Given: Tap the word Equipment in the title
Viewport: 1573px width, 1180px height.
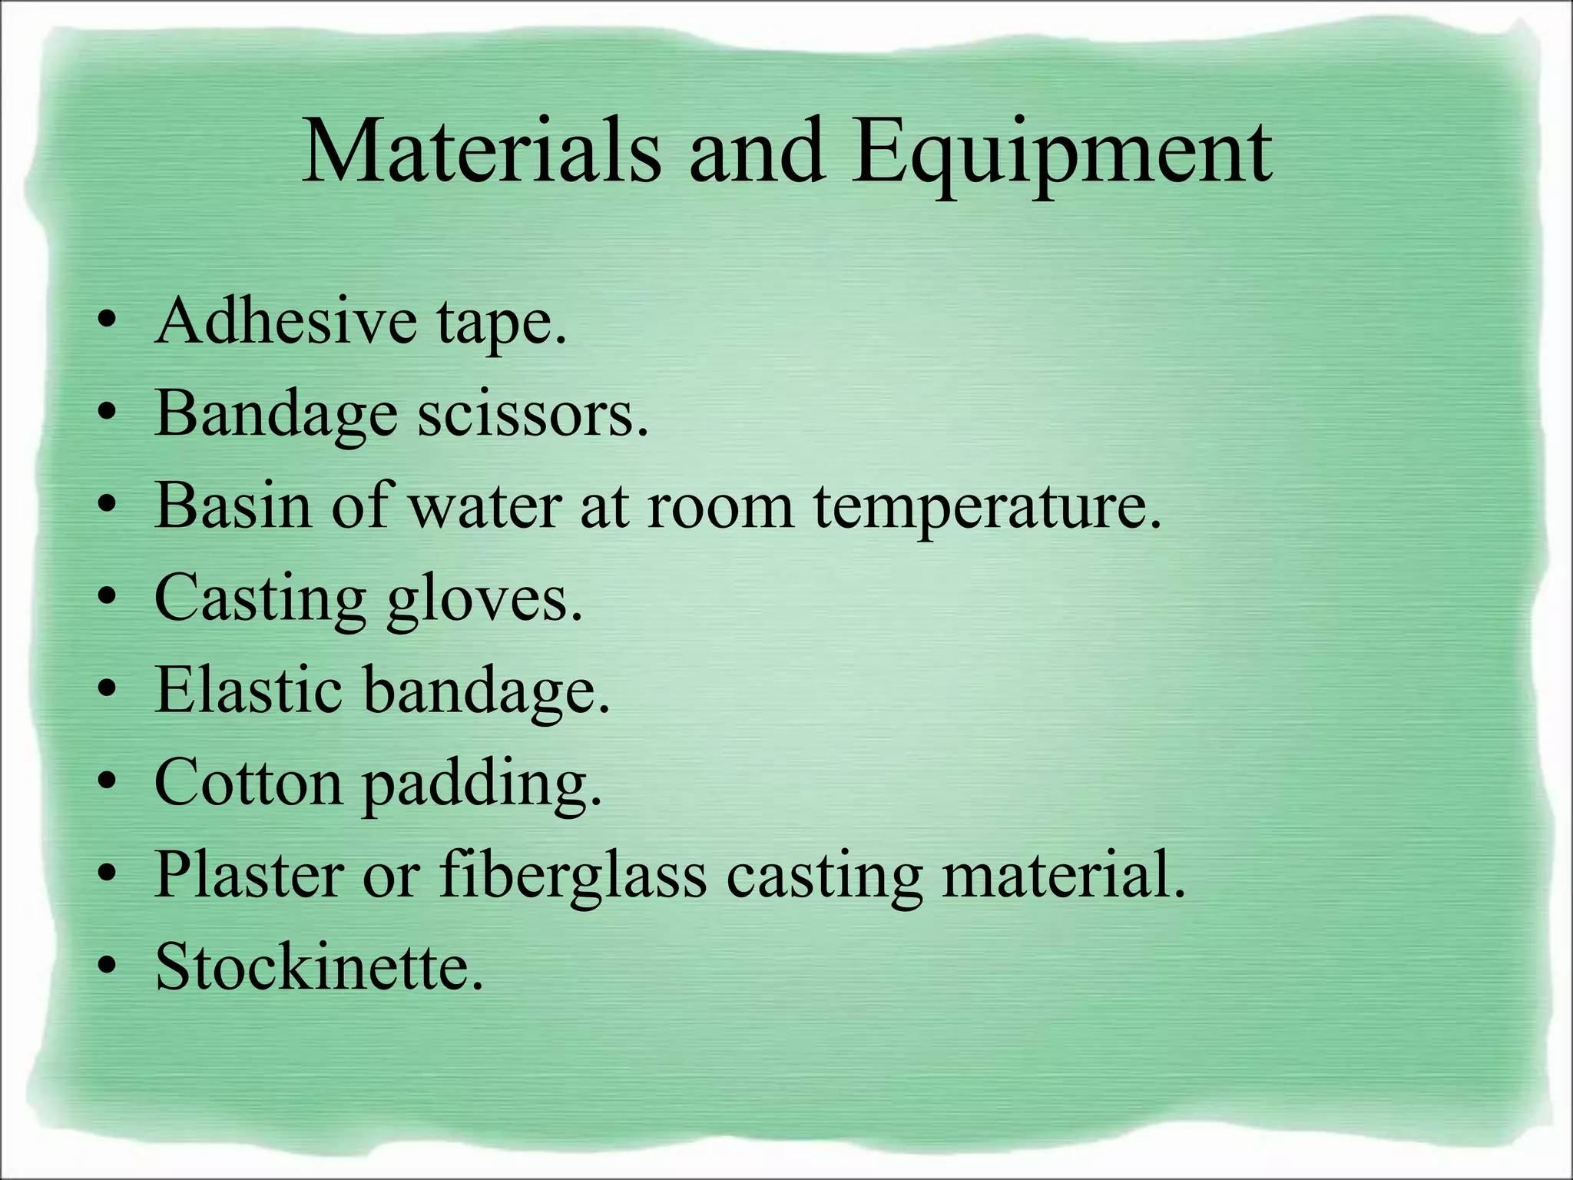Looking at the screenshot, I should [x=1061, y=154].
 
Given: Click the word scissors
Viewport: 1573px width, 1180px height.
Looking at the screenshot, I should [x=533, y=413].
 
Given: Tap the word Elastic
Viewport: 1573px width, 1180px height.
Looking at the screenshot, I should [x=248, y=690].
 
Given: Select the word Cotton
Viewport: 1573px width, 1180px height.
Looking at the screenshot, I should [x=248, y=783].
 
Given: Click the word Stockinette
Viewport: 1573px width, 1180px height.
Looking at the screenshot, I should [x=320, y=966].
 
